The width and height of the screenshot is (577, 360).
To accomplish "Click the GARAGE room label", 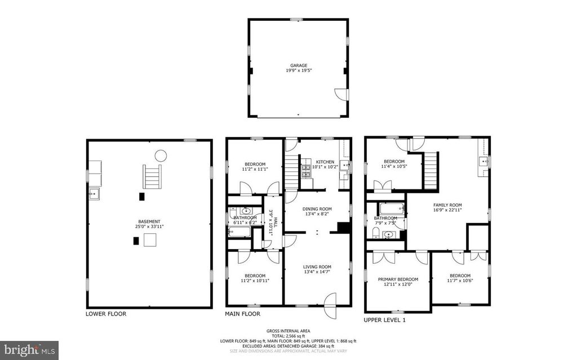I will tap(299, 65).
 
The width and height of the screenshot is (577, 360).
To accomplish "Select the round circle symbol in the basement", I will tap(161, 155).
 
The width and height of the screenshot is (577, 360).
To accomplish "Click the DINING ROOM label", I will tap(317, 208).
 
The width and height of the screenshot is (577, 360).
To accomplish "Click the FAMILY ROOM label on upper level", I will tap(447, 205).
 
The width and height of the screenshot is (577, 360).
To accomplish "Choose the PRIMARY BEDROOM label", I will tap(398, 279).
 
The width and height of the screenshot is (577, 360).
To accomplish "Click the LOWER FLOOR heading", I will tap(106, 314).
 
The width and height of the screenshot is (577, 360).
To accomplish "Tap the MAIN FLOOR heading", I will tap(242, 314).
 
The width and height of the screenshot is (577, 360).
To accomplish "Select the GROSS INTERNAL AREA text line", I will tap(288, 331).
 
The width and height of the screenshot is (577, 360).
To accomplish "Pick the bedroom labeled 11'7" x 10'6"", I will tap(459, 278).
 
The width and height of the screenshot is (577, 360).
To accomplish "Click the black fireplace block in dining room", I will tap(342, 226).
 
